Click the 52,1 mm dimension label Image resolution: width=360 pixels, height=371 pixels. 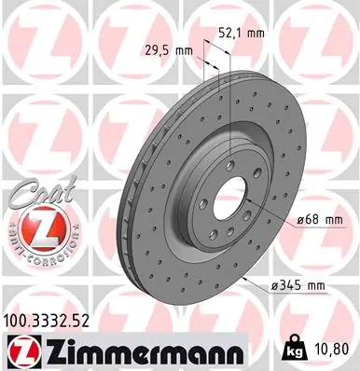[x=241, y=33]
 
